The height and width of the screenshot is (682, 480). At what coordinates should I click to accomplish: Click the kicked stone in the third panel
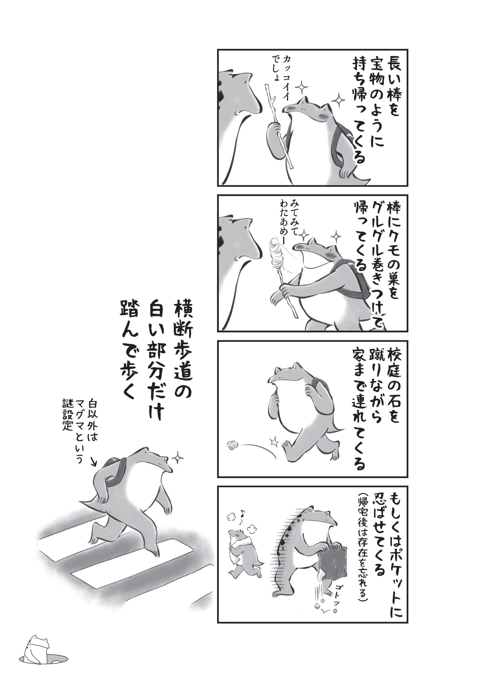[233, 444]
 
